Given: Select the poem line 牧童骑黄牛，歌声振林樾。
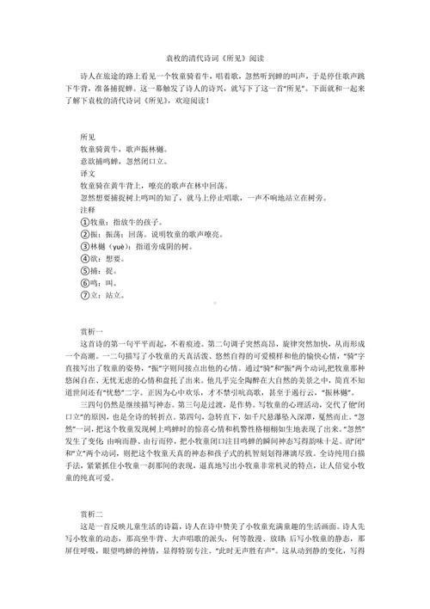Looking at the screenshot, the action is [x=129, y=150].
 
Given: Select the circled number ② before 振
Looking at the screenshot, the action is [x=83, y=233].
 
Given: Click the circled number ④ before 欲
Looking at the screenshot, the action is [x=83, y=257].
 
